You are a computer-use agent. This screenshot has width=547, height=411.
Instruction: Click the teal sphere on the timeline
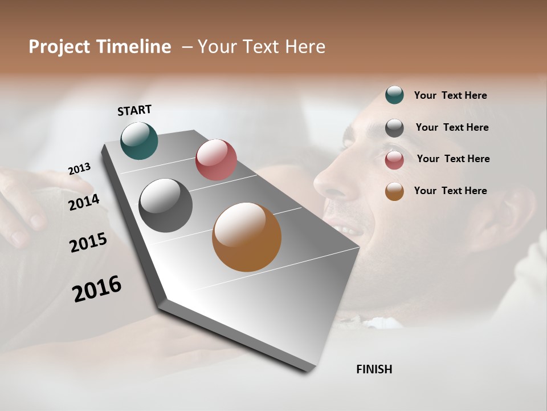[139, 140]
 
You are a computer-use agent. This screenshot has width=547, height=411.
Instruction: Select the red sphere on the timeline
[216, 160]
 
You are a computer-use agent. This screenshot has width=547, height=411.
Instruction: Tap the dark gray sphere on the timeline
[166, 205]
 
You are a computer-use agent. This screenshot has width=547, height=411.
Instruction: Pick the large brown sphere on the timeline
[247, 237]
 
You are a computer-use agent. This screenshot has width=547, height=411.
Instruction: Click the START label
[134, 110]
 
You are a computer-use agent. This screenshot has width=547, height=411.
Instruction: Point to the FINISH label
[374, 369]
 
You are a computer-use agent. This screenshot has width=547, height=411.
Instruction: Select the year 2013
[79, 169]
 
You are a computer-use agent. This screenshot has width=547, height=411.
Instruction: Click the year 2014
[83, 202]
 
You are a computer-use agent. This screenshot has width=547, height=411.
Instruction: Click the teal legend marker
[394, 95]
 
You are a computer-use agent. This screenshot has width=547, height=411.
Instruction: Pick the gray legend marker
[394, 128]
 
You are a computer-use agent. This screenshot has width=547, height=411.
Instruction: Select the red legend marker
[394, 160]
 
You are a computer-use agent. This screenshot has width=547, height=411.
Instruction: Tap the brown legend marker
[394, 191]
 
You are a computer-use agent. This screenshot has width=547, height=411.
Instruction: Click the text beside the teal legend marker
[450, 95]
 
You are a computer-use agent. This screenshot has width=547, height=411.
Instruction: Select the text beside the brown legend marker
[450, 191]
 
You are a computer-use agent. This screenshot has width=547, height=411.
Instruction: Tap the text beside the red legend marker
[453, 159]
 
